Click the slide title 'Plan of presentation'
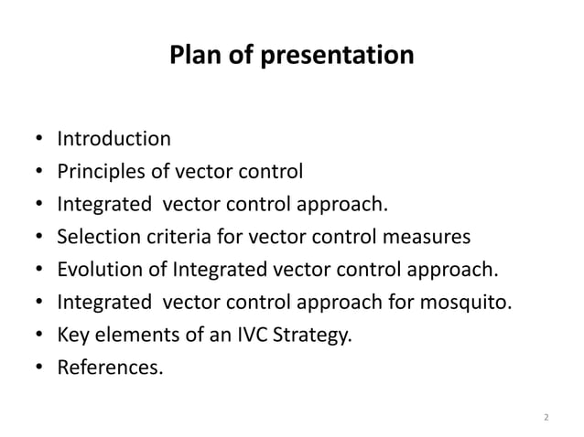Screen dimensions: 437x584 tap(292, 56)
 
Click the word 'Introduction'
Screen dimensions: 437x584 tap(114, 140)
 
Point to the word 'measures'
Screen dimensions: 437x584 tap(427, 239)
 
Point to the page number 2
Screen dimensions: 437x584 tap(546, 418)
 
